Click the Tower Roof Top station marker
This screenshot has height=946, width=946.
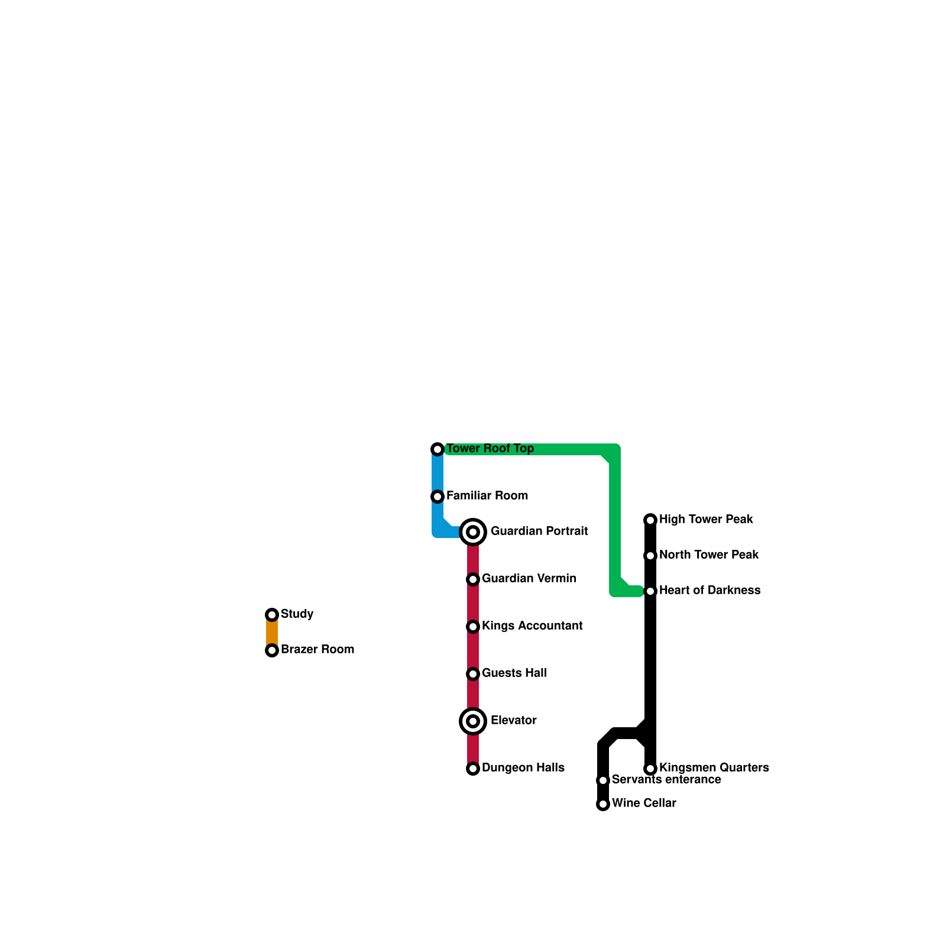(438, 449)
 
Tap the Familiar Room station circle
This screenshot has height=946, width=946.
(438, 497)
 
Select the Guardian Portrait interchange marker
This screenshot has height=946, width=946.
(473, 532)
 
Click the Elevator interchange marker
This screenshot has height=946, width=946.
(473, 721)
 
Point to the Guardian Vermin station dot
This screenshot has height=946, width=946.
(473, 579)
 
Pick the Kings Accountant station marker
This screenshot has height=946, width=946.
(473, 627)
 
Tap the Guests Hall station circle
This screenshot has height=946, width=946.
(473, 674)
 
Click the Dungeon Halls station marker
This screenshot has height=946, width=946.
(473, 769)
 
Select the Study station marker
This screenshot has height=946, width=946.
(272, 615)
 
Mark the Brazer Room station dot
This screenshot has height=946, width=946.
(272, 650)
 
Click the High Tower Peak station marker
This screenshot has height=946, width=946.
(650, 520)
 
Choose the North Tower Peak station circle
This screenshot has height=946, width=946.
(650, 556)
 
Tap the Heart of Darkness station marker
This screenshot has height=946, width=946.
(650, 591)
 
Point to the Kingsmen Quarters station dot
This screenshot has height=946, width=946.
(650, 769)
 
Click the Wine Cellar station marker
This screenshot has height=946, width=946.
(603, 804)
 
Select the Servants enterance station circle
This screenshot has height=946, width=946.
(603, 780)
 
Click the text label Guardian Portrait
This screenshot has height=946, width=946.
(539, 531)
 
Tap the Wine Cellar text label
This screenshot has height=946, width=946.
(644, 803)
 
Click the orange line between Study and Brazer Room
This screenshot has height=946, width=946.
(272, 633)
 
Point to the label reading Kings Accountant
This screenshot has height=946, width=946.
(532, 626)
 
